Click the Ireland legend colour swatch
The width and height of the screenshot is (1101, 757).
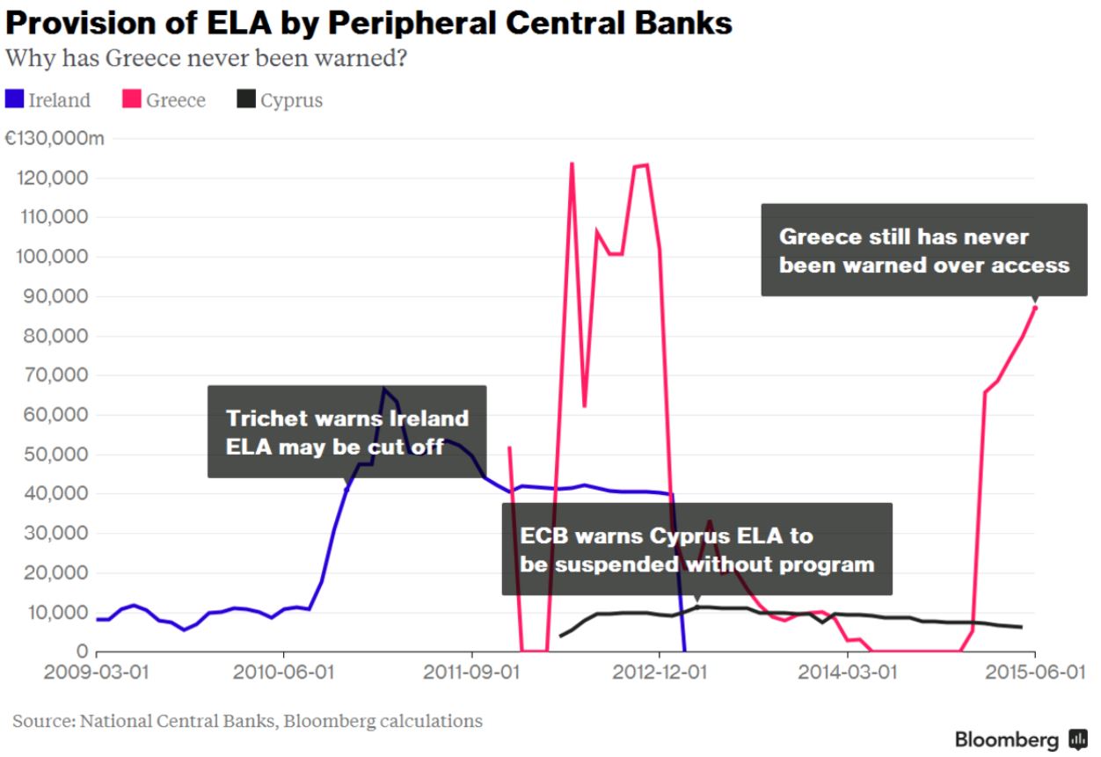click(x=14, y=99)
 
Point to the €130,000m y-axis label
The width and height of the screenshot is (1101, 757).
click(x=55, y=138)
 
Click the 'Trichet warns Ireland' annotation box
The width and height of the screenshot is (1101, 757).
click(x=346, y=432)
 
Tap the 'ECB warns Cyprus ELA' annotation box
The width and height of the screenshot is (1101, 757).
click(x=696, y=549)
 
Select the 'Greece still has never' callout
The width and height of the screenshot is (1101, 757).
click(x=923, y=250)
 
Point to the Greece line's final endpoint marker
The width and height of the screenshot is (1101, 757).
click(x=1035, y=307)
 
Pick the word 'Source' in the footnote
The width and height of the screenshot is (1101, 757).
click(x=40, y=721)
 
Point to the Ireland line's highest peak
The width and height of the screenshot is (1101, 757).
click(x=383, y=389)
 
